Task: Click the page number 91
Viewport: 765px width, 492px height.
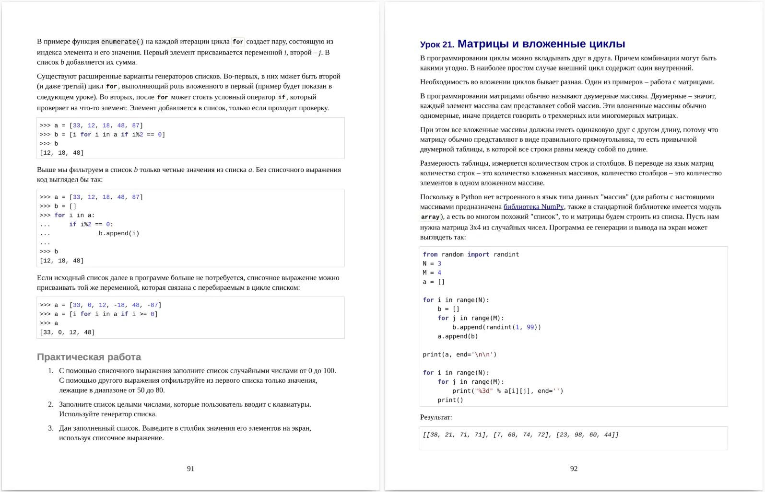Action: pos(190,469)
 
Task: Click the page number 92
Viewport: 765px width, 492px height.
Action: pos(574,469)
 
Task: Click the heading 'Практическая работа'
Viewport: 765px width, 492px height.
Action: pos(89,357)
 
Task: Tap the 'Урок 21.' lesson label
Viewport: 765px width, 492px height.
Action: pos(436,45)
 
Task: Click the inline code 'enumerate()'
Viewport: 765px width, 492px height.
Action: pos(122,42)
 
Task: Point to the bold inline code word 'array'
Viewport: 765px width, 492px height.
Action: pos(430,217)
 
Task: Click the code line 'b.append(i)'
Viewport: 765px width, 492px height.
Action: pos(119,233)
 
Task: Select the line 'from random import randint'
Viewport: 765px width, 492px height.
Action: pos(471,254)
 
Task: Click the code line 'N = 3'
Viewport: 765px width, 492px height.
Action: pos(432,263)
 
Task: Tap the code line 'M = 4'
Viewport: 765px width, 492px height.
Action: pos(432,273)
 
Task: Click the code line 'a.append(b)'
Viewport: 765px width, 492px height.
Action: pos(458,336)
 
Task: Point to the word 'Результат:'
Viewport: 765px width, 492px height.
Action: pos(435,417)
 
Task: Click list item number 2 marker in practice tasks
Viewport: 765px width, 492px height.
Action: pos(50,404)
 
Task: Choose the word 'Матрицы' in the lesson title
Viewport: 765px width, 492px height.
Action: pos(483,44)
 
